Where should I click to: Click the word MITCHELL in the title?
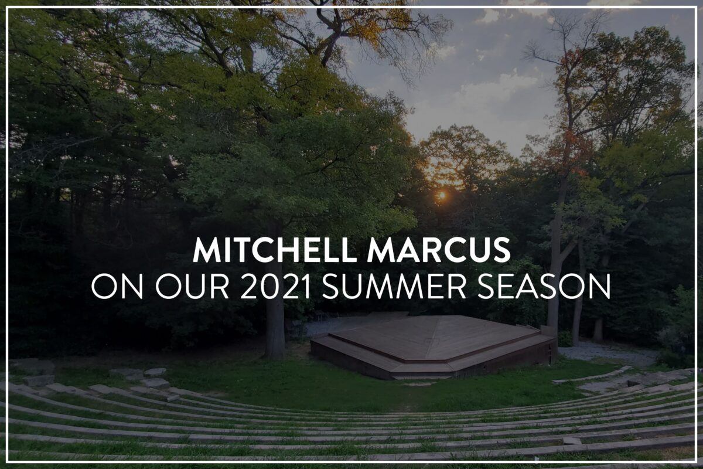tap(275, 250)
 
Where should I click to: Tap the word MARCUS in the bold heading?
tap(439, 250)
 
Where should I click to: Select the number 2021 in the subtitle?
tap(275, 287)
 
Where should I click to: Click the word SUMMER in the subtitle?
tap(394, 287)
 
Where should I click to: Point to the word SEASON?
tap(544, 287)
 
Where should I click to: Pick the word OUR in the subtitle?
tap(192, 287)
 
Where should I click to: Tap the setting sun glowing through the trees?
tap(442, 195)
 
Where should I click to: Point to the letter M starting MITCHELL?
tap(209, 250)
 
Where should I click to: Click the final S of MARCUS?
tap(500, 250)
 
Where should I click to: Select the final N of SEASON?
tap(599, 287)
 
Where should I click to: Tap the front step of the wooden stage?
tap(422, 375)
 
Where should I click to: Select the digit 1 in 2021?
tap(305, 287)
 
